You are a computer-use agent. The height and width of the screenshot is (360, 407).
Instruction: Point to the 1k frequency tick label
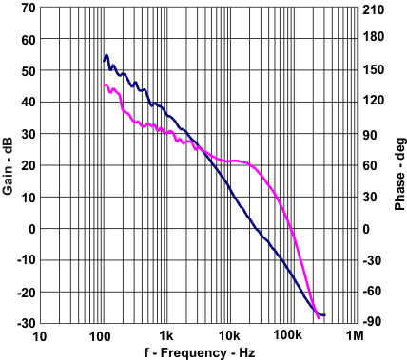[x=165, y=336]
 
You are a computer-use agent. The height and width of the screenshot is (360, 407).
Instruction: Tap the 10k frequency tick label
[x=228, y=336]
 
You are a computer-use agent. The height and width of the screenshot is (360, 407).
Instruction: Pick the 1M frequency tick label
[x=354, y=336]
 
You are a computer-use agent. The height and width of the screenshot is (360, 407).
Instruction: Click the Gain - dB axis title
[x=9, y=165]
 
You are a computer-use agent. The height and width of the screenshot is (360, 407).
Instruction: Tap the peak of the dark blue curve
[x=107, y=55]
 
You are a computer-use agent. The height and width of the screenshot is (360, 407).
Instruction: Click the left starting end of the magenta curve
[x=104, y=85]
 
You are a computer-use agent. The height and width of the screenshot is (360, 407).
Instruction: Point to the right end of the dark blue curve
[x=324, y=314]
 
